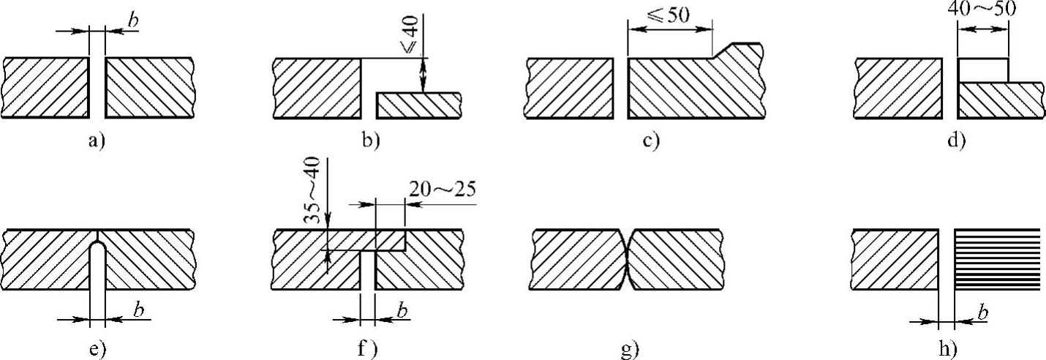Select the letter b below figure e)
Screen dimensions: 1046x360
(x=137, y=311)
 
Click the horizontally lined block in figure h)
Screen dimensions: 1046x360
(x=998, y=260)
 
